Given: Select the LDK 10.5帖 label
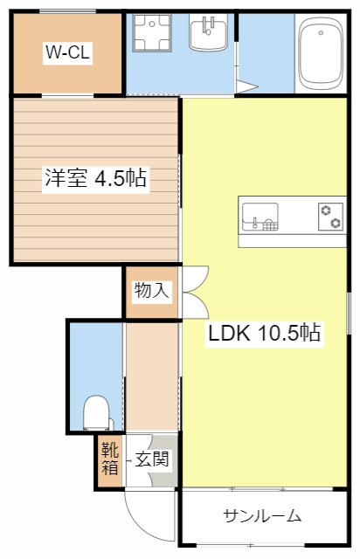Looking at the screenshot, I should (263, 333).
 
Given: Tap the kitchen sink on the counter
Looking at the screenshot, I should (260, 215).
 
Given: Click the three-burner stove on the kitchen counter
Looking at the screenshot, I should (330, 215).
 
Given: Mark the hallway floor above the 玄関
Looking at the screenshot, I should (151, 376).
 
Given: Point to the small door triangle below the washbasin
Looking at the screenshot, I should (246, 86).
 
